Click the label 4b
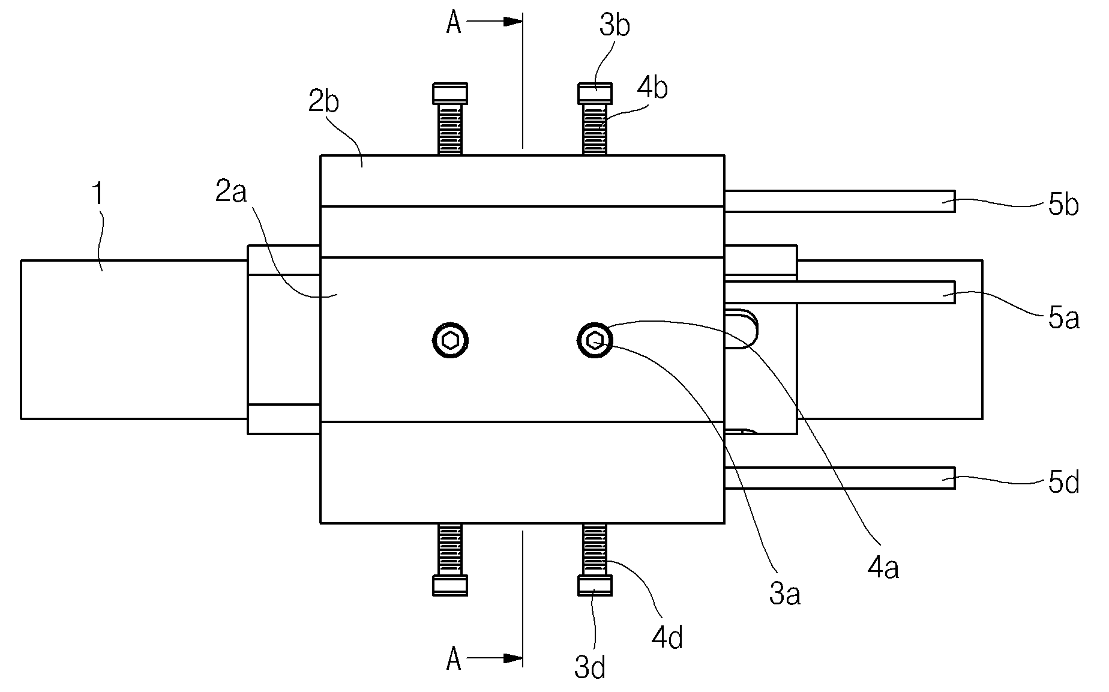point(653,88)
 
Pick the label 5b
point(1064,205)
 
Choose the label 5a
point(1064,319)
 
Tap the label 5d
point(1064,483)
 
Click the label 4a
point(883,568)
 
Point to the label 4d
point(667,638)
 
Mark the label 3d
point(590,667)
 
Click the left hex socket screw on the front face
point(450,341)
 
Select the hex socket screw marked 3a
point(595,341)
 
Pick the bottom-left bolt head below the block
point(449,585)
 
